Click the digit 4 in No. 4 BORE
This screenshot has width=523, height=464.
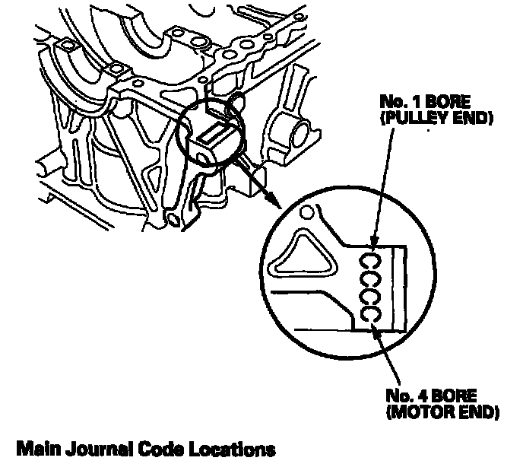429,397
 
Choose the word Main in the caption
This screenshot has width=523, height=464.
37,448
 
